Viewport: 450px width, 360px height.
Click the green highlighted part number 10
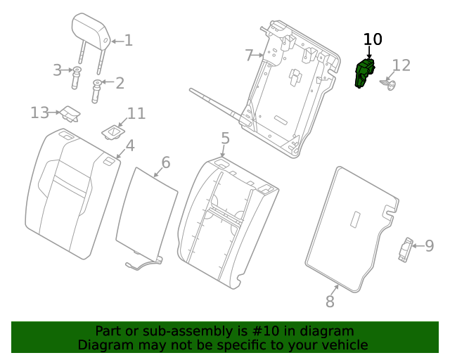pos(365,73)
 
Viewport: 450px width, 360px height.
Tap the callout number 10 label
pos(373,39)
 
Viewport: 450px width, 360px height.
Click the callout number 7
pos(249,54)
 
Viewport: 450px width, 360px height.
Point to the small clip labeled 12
pos(387,85)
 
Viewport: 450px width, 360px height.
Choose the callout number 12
pos(401,66)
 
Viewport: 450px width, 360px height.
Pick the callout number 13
pos(39,112)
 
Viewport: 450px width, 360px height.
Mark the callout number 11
pos(136,113)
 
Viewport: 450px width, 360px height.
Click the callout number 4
pos(130,146)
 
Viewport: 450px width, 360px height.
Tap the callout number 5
pos(224,138)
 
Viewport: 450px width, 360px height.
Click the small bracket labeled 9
pos(405,250)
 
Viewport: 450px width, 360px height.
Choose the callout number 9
pos(429,246)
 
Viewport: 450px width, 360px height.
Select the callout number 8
pos(330,302)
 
